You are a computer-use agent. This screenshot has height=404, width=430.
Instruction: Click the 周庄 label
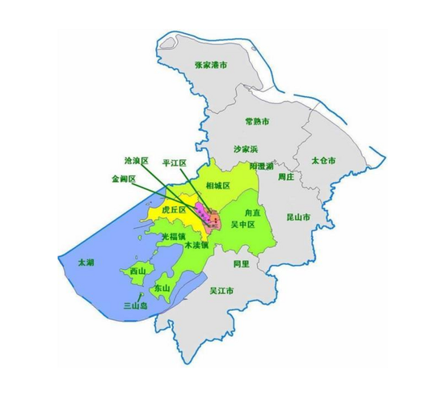coord(285,175)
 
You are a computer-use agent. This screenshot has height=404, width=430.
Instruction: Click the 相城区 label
coord(218,186)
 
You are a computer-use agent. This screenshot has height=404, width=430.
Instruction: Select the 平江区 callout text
coord(175,163)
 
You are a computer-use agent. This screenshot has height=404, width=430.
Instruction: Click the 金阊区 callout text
coord(123,179)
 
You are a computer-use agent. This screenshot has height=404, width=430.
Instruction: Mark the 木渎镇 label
coord(196,243)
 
